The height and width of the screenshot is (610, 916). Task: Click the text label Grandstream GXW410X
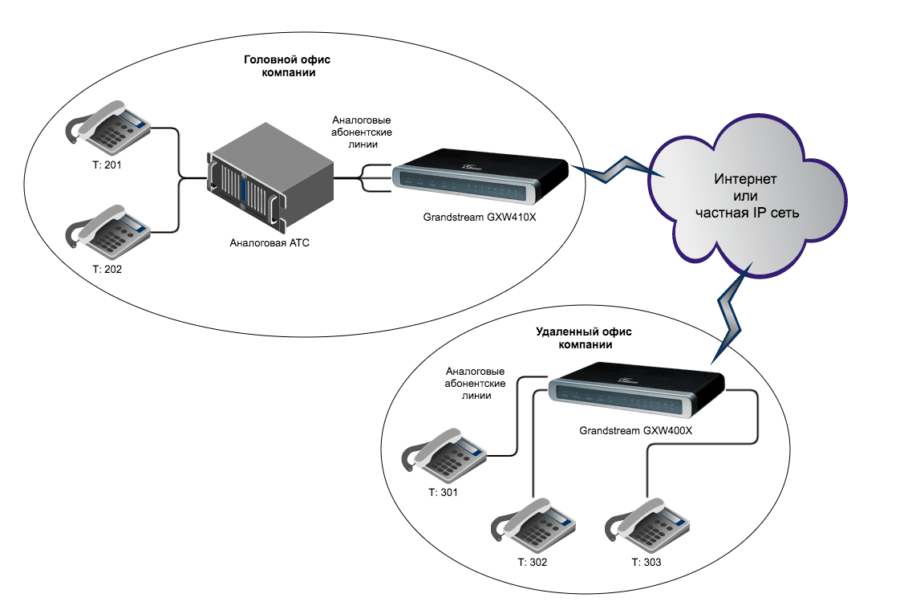point(480,218)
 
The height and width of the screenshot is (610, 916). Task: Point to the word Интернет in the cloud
point(747,177)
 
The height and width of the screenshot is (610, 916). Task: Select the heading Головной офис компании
point(288,67)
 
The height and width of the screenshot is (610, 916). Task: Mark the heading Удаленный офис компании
point(574,338)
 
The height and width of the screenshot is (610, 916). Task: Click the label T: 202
point(107,270)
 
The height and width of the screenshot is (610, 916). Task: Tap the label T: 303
point(646,562)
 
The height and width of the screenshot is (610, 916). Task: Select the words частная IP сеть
point(748,214)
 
